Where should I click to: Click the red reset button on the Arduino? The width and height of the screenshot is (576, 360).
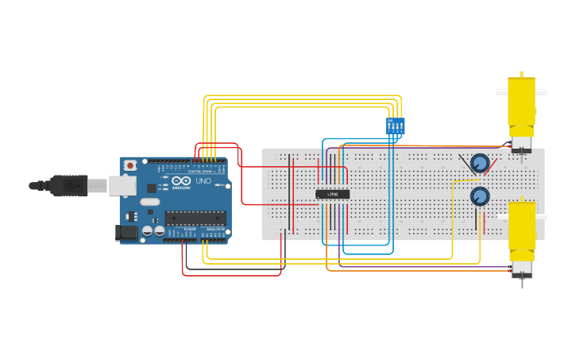tap(130, 165)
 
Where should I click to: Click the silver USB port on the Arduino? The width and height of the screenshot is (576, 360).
tap(122, 185)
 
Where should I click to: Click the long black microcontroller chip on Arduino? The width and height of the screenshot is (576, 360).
tap(195, 218)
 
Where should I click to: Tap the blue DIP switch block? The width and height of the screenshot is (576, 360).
tap(395, 126)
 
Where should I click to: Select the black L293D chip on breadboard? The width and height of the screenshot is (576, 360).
tap(332, 194)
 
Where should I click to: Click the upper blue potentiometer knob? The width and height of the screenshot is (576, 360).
tap(479, 163)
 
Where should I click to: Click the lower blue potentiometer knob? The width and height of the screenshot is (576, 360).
tap(479, 195)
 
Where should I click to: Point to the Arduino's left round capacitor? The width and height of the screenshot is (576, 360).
tap(147, 231)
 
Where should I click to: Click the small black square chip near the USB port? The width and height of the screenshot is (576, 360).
tap(151, 188)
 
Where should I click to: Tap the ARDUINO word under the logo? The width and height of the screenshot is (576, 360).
tap(181, 188)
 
